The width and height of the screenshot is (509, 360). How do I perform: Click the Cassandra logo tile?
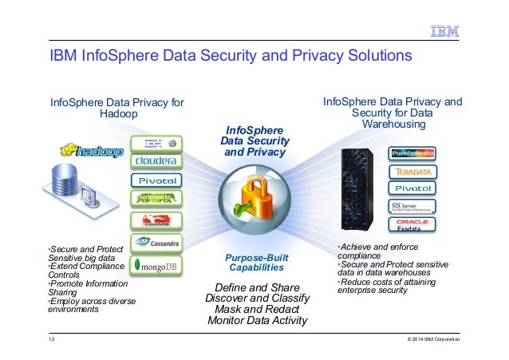point(156,239)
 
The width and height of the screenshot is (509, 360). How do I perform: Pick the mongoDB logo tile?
point(156,264)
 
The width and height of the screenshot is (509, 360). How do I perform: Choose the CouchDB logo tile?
point(156,220)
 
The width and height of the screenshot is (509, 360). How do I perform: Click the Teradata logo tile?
point(412,171)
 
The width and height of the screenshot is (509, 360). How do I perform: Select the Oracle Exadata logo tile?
point(412,225)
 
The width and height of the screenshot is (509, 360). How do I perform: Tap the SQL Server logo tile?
point(412,207)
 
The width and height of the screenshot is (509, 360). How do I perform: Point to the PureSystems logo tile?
point(412,152)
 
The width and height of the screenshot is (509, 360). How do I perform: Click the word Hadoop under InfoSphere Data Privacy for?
point(117,114)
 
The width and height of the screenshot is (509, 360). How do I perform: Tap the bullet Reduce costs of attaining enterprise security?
point(383,286)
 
